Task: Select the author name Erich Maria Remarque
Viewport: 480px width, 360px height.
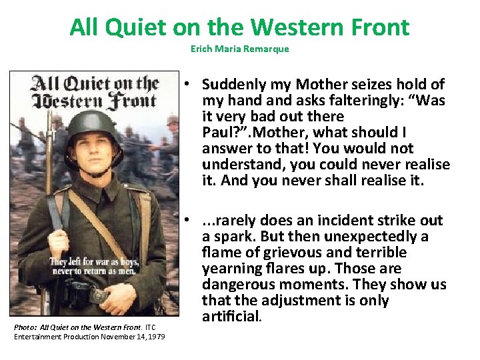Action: point(239,49)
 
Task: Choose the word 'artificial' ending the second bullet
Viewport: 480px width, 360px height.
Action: point(231,317)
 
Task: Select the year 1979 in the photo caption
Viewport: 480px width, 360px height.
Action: point(153,336)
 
